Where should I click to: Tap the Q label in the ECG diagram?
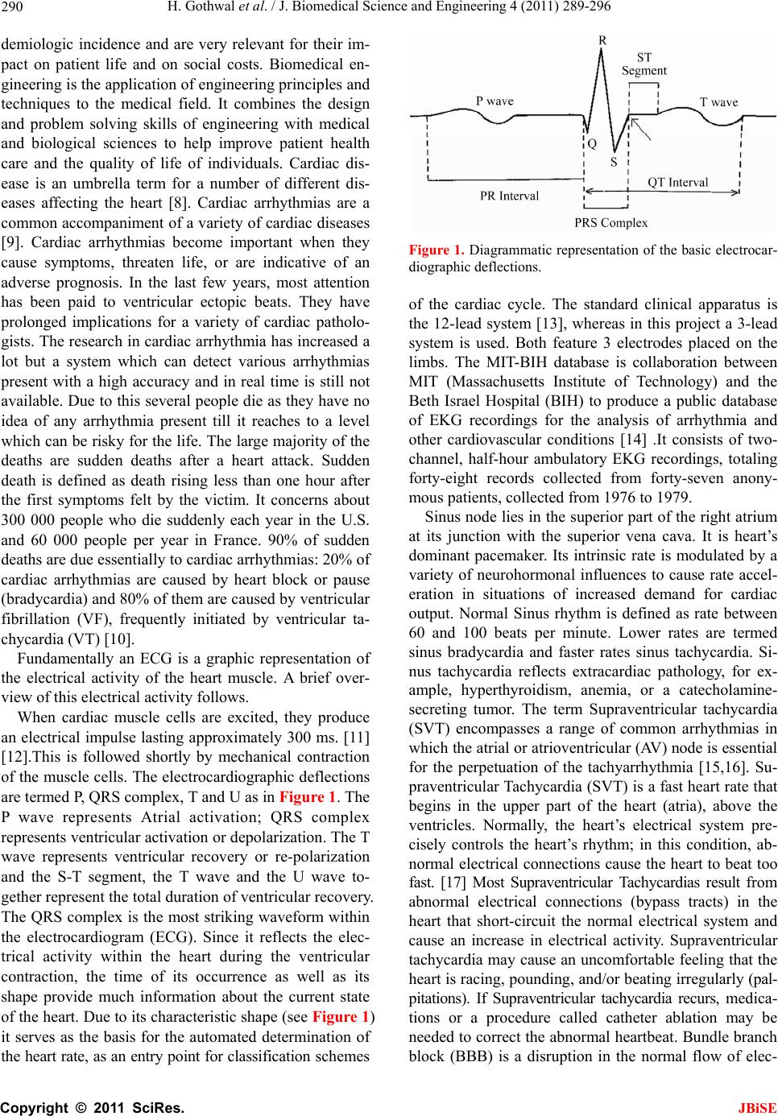(592, 145)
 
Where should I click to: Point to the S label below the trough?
(614, 161)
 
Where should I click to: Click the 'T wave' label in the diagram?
(718, 102)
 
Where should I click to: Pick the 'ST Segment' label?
(644, 64)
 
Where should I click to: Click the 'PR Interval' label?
(509, 196)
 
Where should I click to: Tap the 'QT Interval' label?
(678, 182)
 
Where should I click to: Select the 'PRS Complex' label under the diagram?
(610, 221)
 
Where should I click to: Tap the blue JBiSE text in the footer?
(761, 1107)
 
